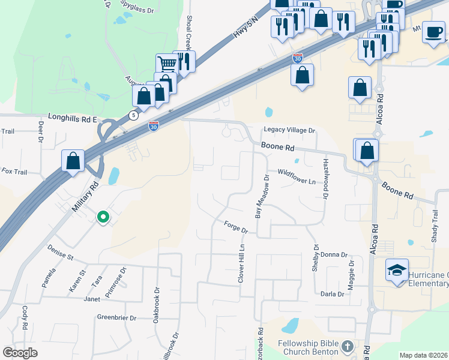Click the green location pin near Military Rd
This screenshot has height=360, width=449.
[103, 217]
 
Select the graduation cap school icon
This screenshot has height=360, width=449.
[397, 271]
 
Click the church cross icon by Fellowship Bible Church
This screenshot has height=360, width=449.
[347, 346]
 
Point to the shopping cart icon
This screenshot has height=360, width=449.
[167, 63]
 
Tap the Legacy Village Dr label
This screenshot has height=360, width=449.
[289, 130]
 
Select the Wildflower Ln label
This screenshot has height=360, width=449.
[297, 181]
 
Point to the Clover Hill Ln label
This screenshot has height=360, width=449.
[242, 263]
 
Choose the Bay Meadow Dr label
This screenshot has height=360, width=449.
[261, 196]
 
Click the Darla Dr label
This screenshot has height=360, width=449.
[332, 294]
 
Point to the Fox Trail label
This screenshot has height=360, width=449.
[14, 172]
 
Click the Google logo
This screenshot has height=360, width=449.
[20, 353]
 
